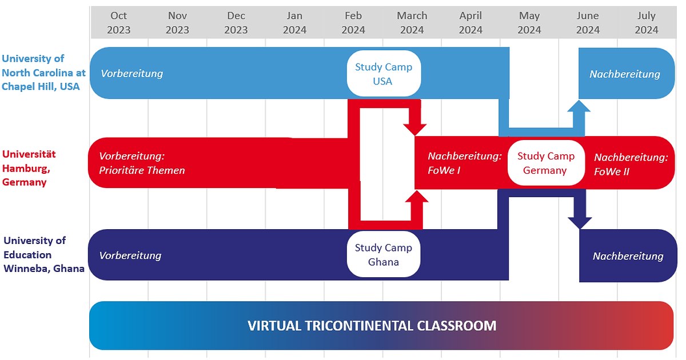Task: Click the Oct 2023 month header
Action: point(118,23)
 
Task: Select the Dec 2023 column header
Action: point(236,23)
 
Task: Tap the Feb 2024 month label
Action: point(353,23)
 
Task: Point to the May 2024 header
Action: point(529,23)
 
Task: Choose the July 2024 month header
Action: point(647,23)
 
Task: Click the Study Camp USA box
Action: point(384,74)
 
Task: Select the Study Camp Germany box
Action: point(546,163)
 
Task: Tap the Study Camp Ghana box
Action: point(384,254)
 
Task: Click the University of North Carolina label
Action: point(43,73)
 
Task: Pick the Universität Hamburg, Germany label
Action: point(29,168)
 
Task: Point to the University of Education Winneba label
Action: point(43,254)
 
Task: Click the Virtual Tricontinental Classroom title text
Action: point(372,326)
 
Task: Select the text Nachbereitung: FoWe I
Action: point(465,163)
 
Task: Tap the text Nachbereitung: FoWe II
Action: point(631,165)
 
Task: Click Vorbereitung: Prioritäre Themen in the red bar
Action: point(142,163)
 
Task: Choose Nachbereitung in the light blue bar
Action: point(625,74)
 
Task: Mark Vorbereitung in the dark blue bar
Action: point(130,255)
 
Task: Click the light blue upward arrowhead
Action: point(579,106)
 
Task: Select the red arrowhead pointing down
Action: point(414,130)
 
